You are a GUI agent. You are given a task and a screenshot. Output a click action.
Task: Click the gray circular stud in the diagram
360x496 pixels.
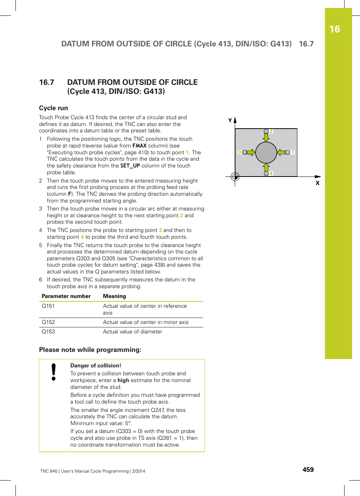coord(266,152)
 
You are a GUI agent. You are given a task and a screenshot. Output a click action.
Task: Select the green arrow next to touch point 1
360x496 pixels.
coord(281,152)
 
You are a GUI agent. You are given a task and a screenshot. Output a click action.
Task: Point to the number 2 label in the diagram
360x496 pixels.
coord(271,131)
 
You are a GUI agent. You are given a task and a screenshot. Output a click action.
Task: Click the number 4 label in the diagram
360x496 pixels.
coord(271,174)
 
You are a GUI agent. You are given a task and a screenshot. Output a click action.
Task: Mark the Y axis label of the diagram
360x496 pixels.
coord(230,120)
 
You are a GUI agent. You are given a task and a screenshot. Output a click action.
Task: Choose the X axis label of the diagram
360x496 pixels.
coord(317,183)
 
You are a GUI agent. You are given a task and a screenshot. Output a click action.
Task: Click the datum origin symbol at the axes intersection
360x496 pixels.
coord(235,177)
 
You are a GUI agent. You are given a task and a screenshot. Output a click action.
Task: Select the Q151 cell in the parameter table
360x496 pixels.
coord(48,306)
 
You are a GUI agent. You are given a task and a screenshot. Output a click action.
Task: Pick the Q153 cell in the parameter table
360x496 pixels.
coord(48,332)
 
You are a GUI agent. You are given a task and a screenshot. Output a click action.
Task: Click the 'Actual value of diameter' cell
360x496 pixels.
coord(132,332)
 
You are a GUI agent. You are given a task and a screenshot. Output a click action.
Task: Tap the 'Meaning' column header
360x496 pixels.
coord(114,296)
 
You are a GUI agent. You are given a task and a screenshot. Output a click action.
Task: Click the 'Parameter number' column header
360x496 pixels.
coord(66,296)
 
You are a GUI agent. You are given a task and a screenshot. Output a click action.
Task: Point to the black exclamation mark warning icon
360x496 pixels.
coord(54,372)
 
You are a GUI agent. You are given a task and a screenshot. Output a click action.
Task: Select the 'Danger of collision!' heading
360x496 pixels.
coord(95,365)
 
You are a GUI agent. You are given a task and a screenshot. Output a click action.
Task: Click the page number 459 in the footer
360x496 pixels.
coord(308,470)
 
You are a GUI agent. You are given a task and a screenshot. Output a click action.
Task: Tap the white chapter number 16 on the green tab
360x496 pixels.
coord(334,29)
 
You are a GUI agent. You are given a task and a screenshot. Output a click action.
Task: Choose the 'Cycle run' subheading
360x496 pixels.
coord(53,108)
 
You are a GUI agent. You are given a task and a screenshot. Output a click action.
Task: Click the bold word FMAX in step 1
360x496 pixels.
coord(139,146)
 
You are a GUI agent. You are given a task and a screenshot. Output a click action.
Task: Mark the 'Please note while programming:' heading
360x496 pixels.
coord(90,350)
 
